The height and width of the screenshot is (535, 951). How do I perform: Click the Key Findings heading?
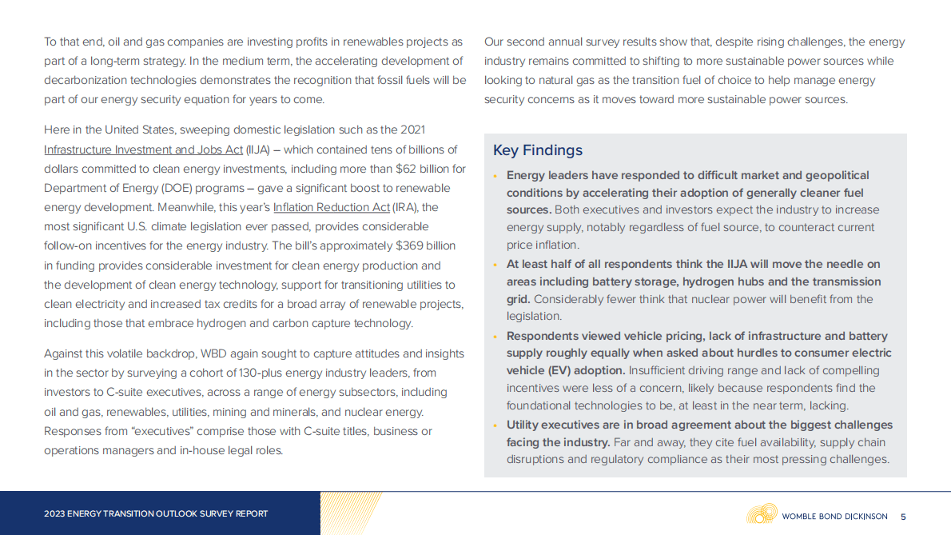tap(537, 150)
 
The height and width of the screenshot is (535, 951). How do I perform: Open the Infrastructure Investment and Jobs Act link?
tap(143, 150)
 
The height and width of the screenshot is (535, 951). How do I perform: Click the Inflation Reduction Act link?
tap(332, 208)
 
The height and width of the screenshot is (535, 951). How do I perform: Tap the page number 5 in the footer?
tap(903, 517)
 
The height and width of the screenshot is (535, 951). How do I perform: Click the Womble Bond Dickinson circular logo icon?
tap(762, 513)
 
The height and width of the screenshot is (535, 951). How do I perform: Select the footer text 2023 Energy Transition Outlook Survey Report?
tap(156, 514)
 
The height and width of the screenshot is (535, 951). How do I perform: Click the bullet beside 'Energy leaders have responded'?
tap(496, 176)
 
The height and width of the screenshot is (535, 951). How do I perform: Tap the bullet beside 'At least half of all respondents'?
tap(496, 265)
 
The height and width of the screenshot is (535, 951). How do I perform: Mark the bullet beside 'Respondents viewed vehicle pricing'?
tap(496, 337)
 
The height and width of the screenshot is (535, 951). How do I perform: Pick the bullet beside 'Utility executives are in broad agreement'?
tap(496, 425)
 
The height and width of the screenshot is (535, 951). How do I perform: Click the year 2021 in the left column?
tap(412, 130)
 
